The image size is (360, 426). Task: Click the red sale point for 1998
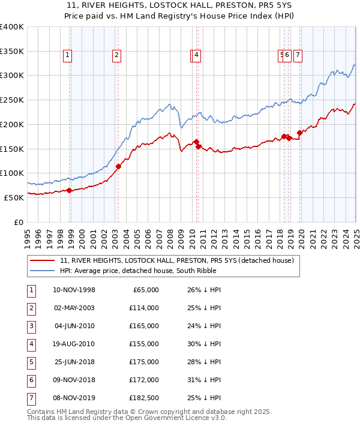[x=70, y=190]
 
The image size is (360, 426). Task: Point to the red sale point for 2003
[x=118, y=166]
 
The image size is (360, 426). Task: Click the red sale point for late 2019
[x=299, y=133]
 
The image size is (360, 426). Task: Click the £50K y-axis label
[x=14, y=197]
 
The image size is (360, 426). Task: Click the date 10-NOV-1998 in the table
[x=74, y=290]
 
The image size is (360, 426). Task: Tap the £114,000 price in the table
[x=145, y=308]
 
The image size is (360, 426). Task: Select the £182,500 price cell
[x=145, y=398]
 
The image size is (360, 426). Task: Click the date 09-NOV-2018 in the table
[x=74, y=380]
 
